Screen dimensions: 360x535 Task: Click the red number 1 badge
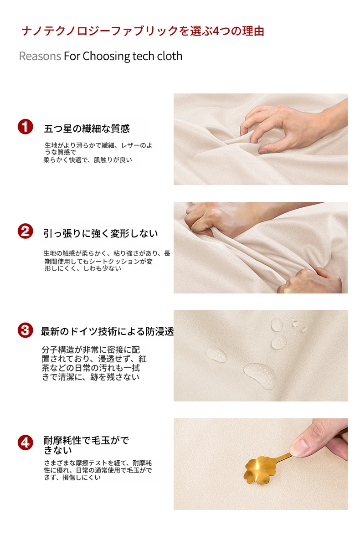pos(25,127)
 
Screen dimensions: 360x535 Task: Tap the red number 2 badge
pos(25,231)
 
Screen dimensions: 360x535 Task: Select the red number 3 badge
pos(25,330)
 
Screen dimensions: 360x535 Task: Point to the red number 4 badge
pos(25,442)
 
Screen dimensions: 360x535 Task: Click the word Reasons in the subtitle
pos(40,56)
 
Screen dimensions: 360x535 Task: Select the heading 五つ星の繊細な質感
pos(87,129)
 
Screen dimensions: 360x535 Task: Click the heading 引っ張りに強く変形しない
pos(101,233)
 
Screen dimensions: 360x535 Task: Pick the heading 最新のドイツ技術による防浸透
pos(108,331)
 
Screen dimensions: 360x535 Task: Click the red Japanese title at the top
pos(143,31)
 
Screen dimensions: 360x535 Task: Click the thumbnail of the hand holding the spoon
pos(260,464)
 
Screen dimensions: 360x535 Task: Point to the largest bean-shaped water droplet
pos(259,375)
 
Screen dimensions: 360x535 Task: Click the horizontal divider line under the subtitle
pos(180,74)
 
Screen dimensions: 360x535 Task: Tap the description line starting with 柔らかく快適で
pos(87,159)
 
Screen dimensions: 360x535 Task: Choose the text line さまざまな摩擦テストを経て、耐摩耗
pos(98,463)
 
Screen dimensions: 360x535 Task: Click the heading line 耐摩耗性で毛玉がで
pos(86,441)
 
